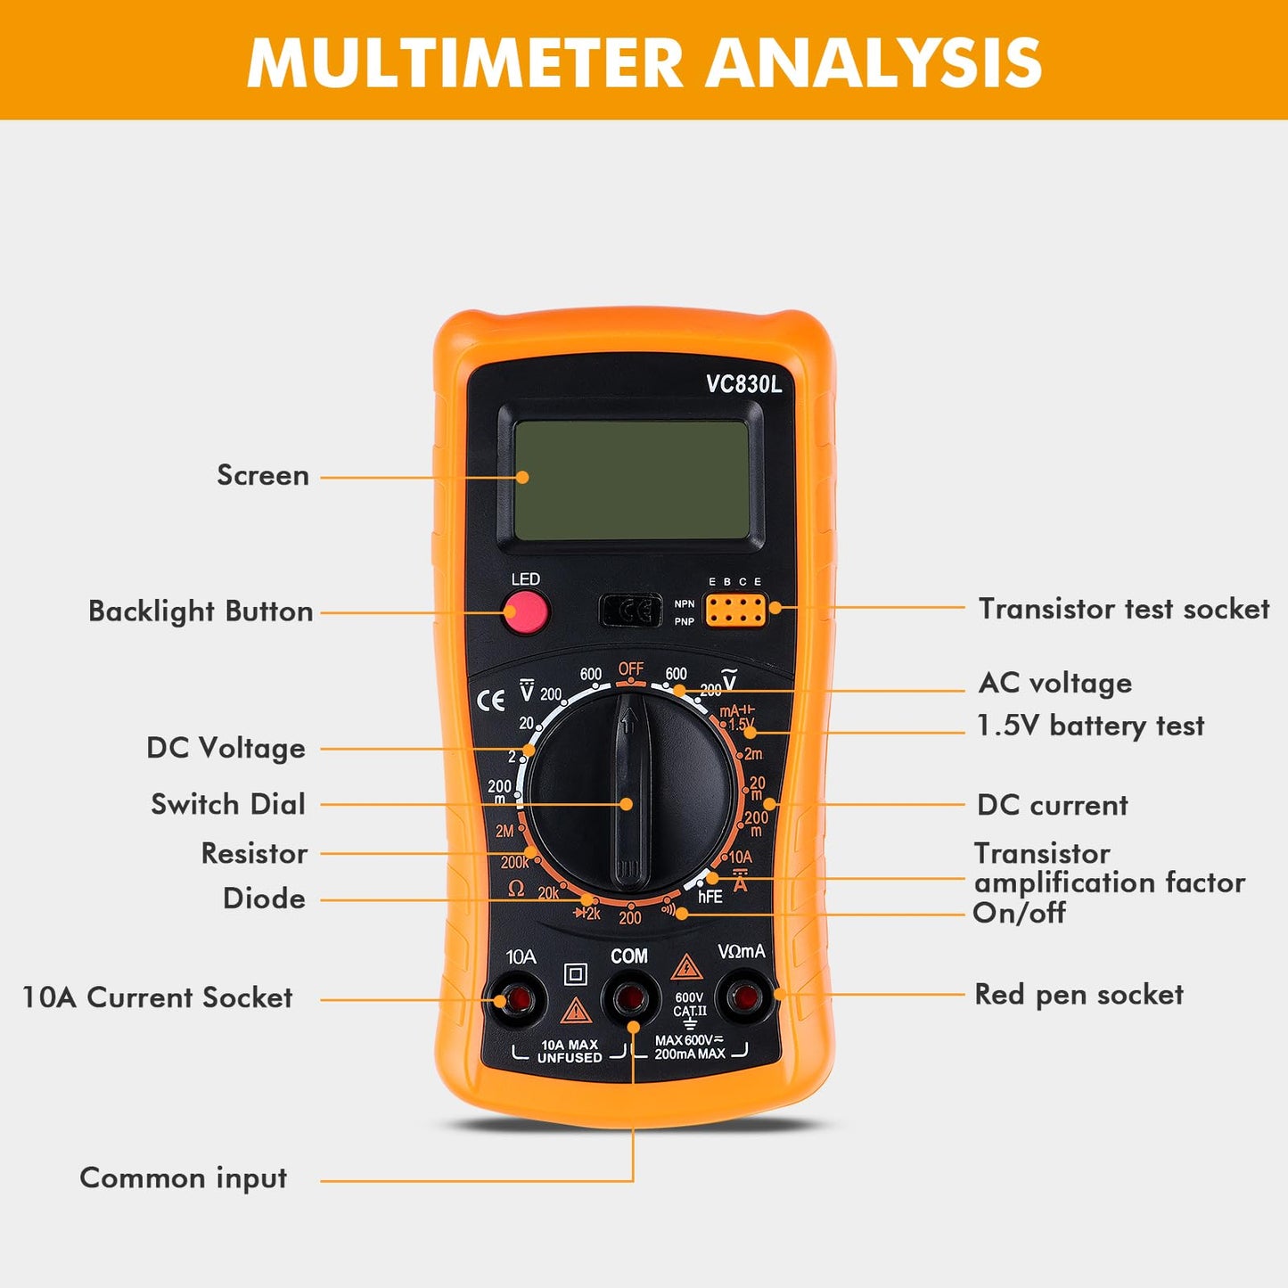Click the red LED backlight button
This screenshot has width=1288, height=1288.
(525, 612)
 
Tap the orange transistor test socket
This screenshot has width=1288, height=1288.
(735, 611)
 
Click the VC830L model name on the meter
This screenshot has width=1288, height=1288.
(743, 384)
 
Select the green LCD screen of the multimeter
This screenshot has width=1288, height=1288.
(631, 480)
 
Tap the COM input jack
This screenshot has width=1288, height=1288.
(630, 997)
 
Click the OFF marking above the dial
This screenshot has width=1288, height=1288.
(631, 669)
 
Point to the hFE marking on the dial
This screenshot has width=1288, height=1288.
(710, 897)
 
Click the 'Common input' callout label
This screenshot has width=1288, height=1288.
(184, 1177)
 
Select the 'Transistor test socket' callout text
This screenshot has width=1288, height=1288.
(1123, 609)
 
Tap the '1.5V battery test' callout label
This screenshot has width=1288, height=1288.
(1090, 726)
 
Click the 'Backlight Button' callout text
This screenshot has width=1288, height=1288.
(201, 611)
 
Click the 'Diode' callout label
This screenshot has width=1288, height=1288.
(264, 898)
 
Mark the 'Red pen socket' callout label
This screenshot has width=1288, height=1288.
(1079, 994)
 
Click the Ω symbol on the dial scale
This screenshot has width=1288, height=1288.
(515, 889)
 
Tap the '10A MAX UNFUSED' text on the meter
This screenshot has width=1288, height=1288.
(570, 1051)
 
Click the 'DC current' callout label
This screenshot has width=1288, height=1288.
(1052, 805)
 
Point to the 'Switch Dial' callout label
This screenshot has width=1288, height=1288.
(228, 804)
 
